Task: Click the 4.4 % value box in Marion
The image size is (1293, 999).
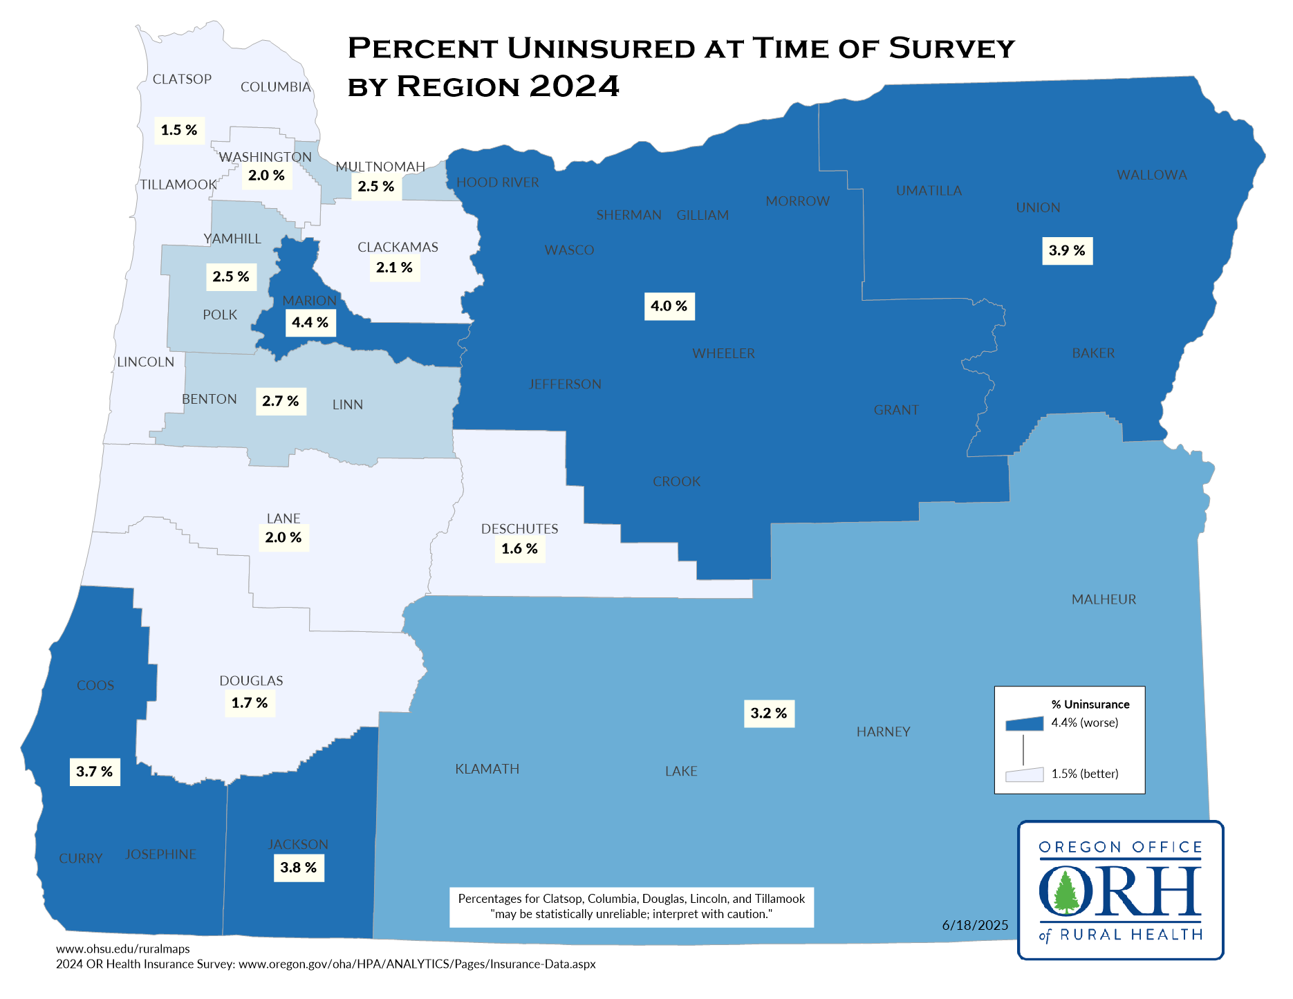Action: tap(310, 323)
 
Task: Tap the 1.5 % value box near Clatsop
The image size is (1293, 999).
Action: tap(179, 130)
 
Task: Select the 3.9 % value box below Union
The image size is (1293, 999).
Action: tap(1067, 251)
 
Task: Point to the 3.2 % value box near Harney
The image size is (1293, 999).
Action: tap(769, 713)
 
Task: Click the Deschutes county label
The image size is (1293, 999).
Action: tap(519, 529)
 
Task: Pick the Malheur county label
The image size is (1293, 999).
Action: tap(1104, 599)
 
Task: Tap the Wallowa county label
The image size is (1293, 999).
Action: tap(1151, 175)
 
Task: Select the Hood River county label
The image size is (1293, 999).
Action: tap(497, 183)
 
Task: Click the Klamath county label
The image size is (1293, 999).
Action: tap(487, 769)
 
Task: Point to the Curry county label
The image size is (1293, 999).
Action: tap(80, 858)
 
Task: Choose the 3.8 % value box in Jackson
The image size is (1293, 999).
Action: tap(299, 868)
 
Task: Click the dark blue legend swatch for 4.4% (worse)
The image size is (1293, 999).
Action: tap(1024, 724)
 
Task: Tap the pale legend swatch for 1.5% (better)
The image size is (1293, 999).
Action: tap(1024, 775)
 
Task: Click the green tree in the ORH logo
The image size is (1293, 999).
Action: tap(1066, 893)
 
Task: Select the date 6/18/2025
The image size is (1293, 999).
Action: tap(975, 925)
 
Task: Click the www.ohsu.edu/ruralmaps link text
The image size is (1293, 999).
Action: tap(122, 949)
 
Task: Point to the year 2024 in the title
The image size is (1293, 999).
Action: tap(574, 86)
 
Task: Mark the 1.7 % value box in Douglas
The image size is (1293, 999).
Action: tap(250, 703)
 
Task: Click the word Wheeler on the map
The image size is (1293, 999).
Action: tap(723, 353)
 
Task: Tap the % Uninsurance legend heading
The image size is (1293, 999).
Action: tap(1090, 704)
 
